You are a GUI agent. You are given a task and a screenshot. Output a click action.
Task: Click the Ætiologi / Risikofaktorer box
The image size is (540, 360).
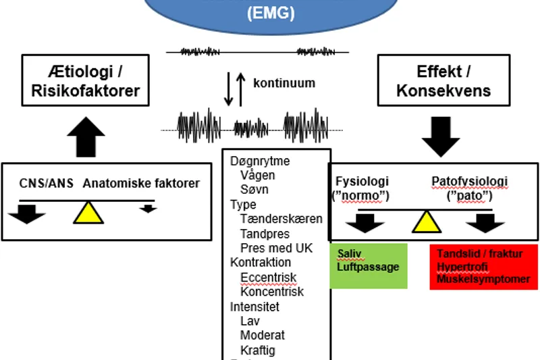85,80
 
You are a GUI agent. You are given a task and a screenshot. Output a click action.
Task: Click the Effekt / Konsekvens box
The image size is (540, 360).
443,80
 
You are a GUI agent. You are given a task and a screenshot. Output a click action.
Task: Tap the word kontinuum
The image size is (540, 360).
283,83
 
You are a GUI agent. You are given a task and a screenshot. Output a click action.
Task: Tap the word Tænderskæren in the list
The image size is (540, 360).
281,219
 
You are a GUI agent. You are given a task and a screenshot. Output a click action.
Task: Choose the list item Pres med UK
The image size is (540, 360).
276,248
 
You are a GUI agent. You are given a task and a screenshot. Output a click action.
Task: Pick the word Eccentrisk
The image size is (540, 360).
268,278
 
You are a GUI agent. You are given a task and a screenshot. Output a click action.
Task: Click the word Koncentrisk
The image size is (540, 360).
271,292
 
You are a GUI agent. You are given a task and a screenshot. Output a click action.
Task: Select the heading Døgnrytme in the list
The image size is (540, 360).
260,161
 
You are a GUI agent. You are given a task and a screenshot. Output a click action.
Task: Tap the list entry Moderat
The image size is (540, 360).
262,336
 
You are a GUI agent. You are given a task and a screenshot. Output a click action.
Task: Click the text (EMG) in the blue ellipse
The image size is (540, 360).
270,12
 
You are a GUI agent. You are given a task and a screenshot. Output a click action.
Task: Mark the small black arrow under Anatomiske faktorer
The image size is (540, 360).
148,209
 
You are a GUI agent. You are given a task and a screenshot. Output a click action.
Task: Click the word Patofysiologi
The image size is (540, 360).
469,182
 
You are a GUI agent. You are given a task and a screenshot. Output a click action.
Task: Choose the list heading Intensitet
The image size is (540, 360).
254,307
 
